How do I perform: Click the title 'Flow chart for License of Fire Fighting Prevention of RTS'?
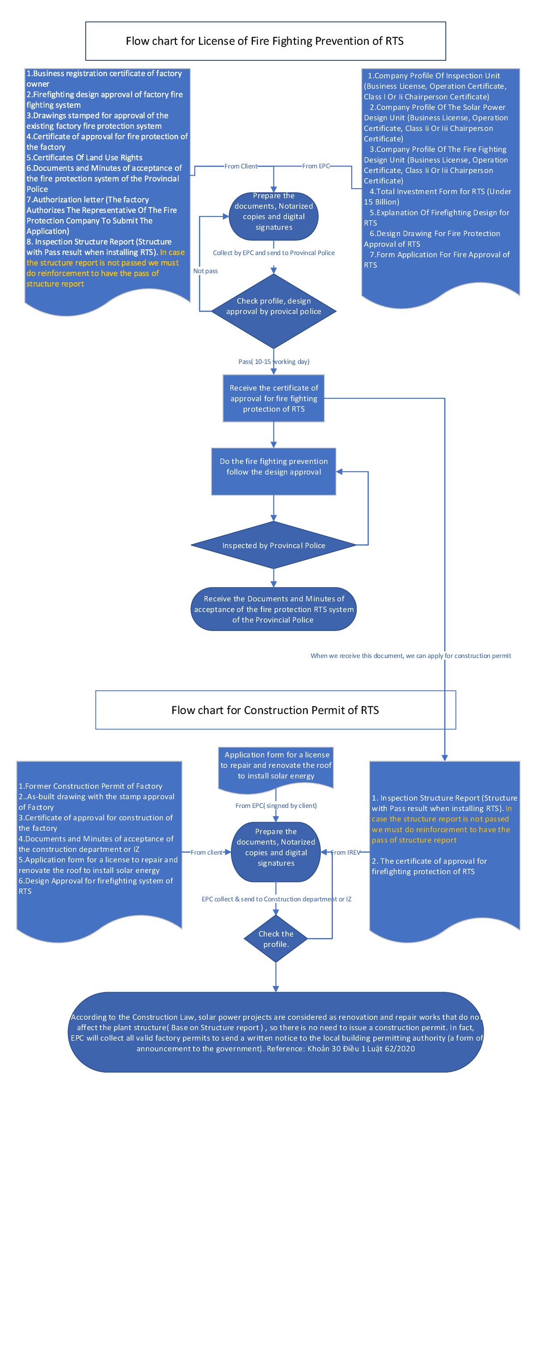coord(264,41)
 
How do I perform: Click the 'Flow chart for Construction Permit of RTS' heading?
coord(275,710)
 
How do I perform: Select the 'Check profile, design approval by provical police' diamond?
coord(273,307)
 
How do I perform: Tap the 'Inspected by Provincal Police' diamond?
coord(273,545)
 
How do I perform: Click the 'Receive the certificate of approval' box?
coord(273,398)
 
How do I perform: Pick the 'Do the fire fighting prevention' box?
coord(273,467)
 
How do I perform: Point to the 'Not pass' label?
coord(205,271)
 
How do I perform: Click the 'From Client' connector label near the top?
coord(240,166)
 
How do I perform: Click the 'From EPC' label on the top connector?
coord(315,166)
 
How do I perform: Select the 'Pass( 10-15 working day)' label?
coord(273,361)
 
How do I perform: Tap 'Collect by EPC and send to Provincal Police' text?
coord(273,253)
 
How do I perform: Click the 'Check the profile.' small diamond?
coord(276,939)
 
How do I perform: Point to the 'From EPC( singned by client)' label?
coord(276,805)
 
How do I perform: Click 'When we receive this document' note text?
coord(410,656)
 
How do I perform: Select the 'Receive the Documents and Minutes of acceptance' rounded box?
coord(273,609)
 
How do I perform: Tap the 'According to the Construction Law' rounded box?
coord(276,1032)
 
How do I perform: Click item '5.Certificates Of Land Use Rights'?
coord(84,157)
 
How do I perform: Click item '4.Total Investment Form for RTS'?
coord(437,196)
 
